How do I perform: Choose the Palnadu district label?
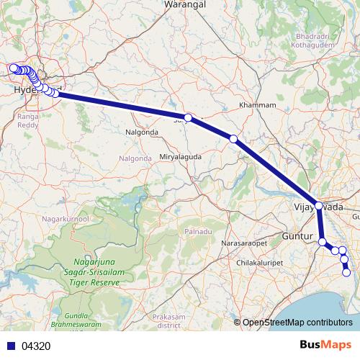198,231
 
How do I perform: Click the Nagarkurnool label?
66,217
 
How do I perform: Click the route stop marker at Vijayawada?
319,205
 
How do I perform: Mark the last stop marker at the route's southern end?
347,272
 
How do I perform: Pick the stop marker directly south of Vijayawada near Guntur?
323,241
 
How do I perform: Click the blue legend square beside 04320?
11,346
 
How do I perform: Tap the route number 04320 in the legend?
36,346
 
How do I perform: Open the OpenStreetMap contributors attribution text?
297,322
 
